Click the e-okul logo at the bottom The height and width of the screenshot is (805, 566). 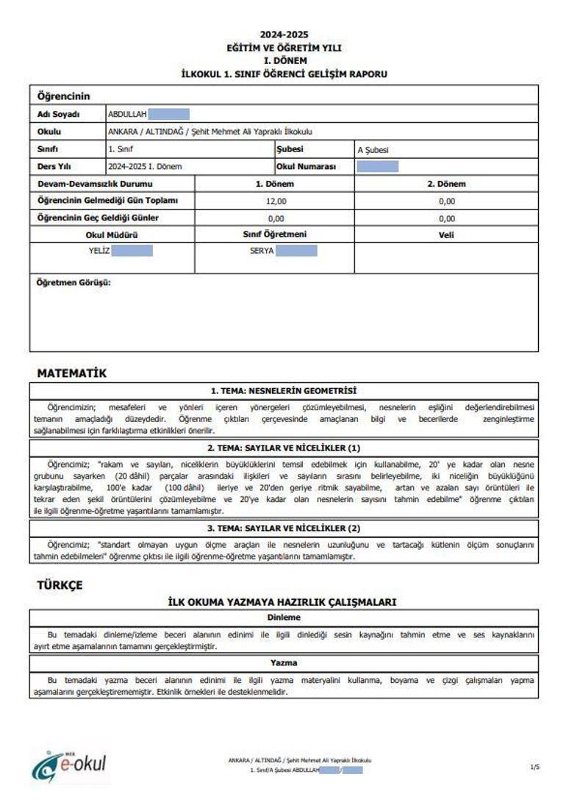click(69, 766)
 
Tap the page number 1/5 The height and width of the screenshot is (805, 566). click(534, 767)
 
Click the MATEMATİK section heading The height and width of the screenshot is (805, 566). click(72, 373)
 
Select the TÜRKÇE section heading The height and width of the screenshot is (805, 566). click(60, 585)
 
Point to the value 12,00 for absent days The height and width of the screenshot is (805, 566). click(276, 201)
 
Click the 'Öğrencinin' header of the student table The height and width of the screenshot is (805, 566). click(63, 96)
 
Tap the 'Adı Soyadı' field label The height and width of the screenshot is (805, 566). click(58, 115)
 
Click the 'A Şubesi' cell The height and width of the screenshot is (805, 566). click(373, 150)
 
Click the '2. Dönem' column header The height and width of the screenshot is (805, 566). click(446, 184)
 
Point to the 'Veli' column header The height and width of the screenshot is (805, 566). click(446, 235)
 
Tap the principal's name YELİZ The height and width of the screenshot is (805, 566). click(99, 251)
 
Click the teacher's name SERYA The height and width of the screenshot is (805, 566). click(262, 251)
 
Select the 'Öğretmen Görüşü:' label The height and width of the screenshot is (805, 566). click(74, 282)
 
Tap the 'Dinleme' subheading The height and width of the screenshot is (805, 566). click(284, 618)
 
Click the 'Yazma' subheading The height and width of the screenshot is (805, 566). click(284, 663)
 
